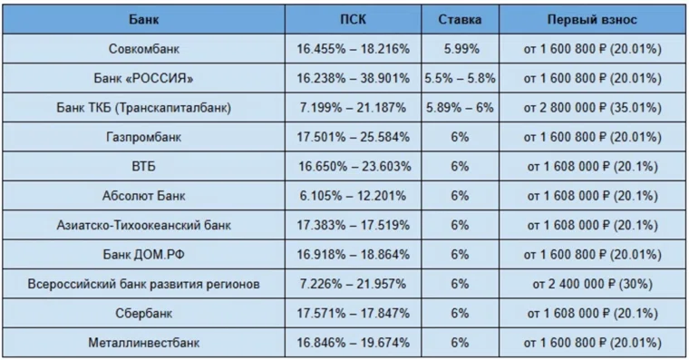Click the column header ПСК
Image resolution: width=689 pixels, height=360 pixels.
[x=353, y=19]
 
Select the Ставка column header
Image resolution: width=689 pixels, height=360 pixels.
[x=460, y=19]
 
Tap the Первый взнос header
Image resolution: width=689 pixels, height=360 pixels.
[x=592, y=19]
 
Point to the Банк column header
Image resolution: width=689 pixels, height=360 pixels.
[x=143, y=19]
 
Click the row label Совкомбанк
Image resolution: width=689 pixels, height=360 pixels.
[x=143, y=49]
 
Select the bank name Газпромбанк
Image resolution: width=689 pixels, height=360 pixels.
[x=143, y=137]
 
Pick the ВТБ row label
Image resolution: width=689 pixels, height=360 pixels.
[x=143, y=167]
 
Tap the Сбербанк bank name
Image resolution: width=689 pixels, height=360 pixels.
[x=143, y=314]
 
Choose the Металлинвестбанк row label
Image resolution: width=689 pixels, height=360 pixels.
[x=143, y=343]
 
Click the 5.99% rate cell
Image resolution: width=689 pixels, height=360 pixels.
[x=461, y=49]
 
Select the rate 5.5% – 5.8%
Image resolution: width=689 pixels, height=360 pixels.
[x=460, y=78]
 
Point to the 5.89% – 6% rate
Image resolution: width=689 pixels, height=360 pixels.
[x=460, y=108]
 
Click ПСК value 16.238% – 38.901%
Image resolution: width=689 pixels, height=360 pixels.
[x=353, y=78]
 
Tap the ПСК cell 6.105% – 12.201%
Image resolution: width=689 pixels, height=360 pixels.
[x=353, y=196]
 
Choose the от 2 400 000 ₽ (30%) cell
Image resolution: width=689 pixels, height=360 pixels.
[x=592, y=284]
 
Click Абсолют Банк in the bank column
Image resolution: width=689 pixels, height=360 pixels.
[x=143, y=196]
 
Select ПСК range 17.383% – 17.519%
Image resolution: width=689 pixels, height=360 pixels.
[x=353, y=226]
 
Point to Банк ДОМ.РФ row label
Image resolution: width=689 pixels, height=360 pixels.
[x=143, y=255]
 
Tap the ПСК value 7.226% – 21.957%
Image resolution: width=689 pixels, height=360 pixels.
[x=353, y=284]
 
